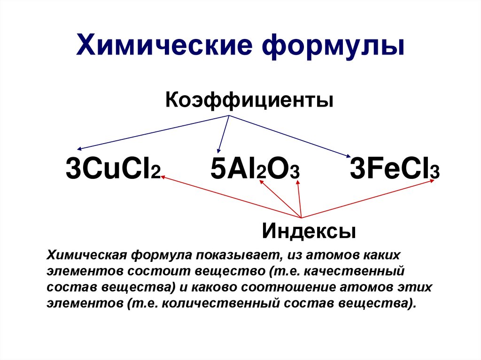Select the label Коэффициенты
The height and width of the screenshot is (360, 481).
(x=249, y=100)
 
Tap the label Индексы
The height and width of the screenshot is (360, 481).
(x=309, y=230)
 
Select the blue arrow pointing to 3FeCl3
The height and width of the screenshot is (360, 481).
(x=291, y=136)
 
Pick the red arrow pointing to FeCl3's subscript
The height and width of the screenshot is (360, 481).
(x=366, y=199)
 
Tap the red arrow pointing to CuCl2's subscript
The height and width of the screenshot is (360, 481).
(x=230, y=197)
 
